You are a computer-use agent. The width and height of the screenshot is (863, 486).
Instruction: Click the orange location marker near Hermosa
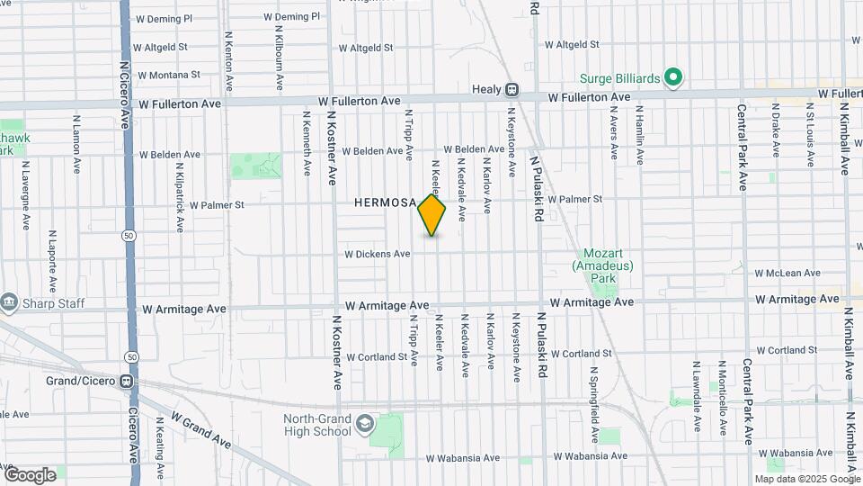(x=431, y=216)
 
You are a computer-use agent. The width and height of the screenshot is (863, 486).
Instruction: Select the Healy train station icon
(x=511, y=90)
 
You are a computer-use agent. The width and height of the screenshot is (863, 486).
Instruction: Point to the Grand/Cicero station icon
(x=126, y=380)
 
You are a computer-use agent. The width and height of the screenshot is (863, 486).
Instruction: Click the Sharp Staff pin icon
(x=10, y=301)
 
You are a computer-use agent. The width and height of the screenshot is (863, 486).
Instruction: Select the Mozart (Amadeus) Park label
(x=603, y=260)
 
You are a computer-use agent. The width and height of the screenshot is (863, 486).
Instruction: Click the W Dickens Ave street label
(x=378, y=254)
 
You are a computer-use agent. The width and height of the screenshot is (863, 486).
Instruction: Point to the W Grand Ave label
(x=202, y=430)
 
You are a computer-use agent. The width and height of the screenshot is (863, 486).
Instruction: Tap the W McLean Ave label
(x=787, y=273)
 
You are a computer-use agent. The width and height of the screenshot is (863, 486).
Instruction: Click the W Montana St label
(x=167, y=75)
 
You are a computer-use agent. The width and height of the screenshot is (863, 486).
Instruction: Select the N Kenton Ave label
(x=229, y=60)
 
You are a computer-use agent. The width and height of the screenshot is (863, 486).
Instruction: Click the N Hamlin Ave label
(x=639, y=138)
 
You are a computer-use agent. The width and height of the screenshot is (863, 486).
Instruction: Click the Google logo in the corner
(x=29, y=474)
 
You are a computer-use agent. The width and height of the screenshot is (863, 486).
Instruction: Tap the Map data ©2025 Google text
(x=806, y=479)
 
